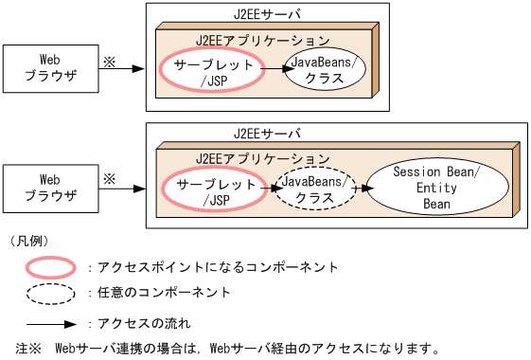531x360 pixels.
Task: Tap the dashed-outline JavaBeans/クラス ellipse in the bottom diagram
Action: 314,189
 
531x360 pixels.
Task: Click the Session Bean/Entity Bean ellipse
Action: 436,189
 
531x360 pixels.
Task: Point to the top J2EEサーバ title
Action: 266,15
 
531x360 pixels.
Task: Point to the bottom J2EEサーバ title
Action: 266,134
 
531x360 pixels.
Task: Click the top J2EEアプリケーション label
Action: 262,41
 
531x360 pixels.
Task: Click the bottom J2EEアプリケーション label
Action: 262,157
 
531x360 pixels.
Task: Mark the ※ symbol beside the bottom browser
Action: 109,177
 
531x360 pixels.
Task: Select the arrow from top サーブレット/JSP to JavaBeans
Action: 275,70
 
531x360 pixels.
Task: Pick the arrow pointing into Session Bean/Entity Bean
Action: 361,189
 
